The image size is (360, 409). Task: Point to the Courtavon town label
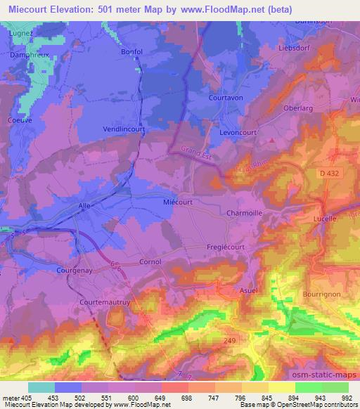point(226,98)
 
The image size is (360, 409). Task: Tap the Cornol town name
point(150,261)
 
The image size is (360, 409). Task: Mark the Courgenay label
point(75,269)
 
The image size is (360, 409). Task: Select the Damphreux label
point(28,53)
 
